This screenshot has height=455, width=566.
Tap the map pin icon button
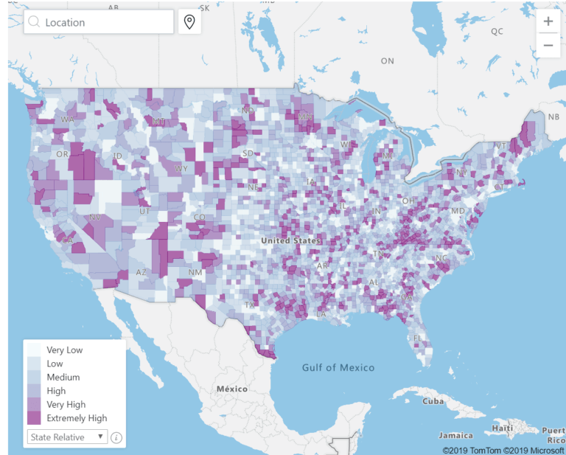[x=189, y=22]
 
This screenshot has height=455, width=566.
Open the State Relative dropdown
[x=67, y=437]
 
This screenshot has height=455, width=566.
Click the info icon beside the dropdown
[x=116, y=437]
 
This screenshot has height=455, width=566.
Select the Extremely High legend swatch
[x=35, y=417]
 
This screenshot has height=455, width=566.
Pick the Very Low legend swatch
[x=35, y=350]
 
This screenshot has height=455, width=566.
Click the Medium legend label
[x=63, y=377]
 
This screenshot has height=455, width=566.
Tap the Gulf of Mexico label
[x=338, y=367]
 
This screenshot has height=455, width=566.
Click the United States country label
[x=290, y=240]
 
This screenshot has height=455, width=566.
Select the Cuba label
[x=433, y=402]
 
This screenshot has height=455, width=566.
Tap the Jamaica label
[x=455, y=435]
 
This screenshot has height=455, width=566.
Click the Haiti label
[x=503, y=428]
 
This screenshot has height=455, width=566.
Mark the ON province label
[x=388, y=61]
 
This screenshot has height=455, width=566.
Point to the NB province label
[x=553, y=116]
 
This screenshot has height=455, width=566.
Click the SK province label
[x=205, y=8]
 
